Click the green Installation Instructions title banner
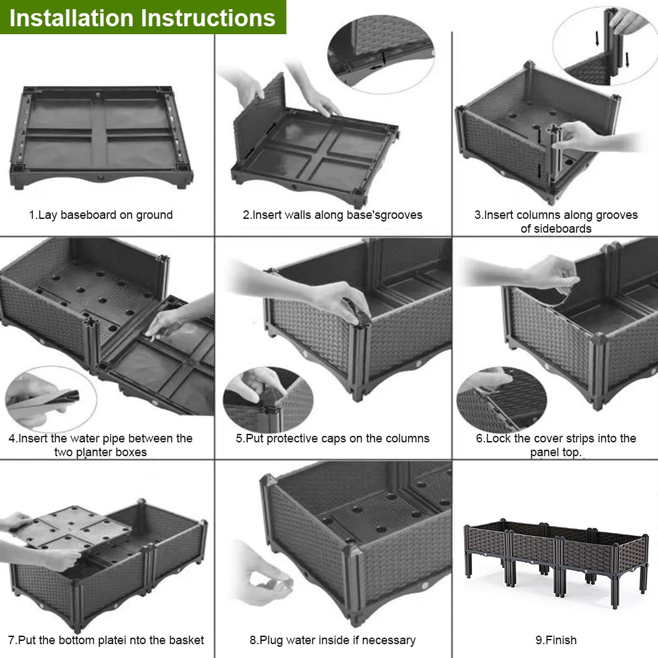[x=143, y=17]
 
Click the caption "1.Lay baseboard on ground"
[x=101, y=215]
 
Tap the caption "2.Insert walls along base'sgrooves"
[x=333, y=215]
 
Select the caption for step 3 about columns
[x=555, y=222]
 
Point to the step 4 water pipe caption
[x=101, y=445]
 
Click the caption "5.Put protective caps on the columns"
[x=333, y=438]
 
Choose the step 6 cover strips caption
[x=555, y=445]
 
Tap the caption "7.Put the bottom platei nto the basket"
[x=106, y=640]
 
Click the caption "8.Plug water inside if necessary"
[x=333, y=640]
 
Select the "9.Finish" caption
[x=555, y=640]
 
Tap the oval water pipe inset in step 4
[x=51, y=400]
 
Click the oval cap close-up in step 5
[x=268, y=399]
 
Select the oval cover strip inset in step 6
[x=502, y=399]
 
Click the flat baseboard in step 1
[x=101, y=135]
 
